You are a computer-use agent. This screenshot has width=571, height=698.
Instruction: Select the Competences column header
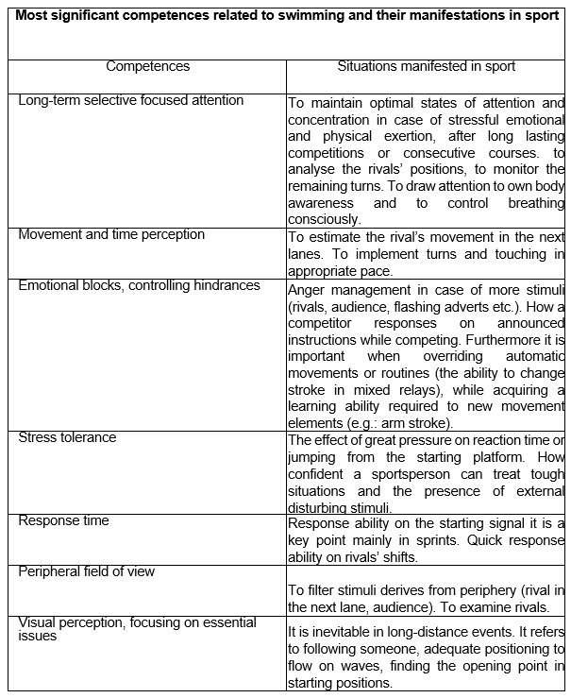pos(147,66)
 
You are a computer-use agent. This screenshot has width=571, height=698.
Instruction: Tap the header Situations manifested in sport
pos(427,66)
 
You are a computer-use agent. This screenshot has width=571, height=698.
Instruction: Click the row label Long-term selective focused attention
pos(131,100)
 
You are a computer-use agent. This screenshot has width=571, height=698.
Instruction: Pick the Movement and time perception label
pos(111,234)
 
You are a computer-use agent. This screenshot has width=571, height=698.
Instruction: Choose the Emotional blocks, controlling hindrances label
pos(139,285)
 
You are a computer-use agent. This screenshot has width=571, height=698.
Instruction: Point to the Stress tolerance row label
pos(68,437)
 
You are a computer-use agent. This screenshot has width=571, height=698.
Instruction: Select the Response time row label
pos(64,520)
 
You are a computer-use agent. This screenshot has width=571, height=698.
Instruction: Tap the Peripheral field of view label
pos(87,571)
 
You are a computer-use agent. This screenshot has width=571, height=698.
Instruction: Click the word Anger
pos(307,290)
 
